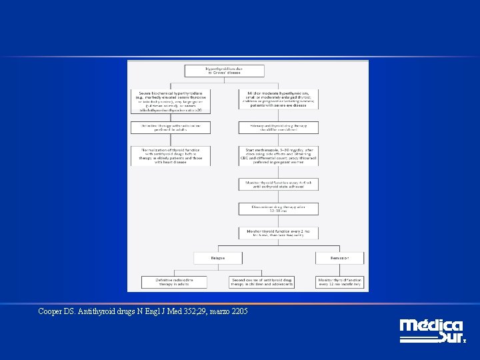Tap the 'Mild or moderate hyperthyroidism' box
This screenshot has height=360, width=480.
tap(278, 98)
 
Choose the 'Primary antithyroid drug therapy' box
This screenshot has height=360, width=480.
tap(278, 127)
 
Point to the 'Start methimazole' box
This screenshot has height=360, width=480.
tap(278, 156)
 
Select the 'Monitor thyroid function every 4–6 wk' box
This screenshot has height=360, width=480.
tap(278, 185)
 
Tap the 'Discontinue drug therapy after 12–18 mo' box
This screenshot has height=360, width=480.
tap(278, 209)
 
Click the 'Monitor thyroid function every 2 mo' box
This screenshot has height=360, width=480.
tap(278, 233)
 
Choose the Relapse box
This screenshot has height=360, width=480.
tap(217, 258)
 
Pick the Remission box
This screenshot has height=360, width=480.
tap(340, 258)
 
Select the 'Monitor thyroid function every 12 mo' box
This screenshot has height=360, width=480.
tap(340, 283)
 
